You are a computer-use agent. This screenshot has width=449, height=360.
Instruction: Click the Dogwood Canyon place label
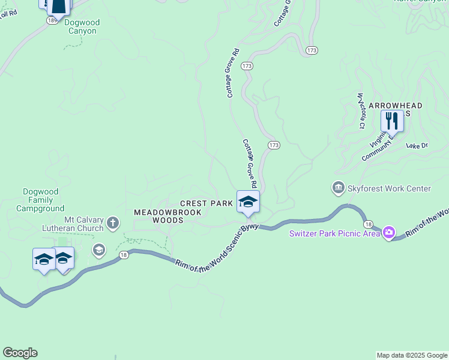tap(83, 27)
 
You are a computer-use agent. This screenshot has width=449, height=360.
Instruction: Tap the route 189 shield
tap(52, 20)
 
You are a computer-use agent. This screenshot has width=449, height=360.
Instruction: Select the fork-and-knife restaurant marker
tap(392, 121)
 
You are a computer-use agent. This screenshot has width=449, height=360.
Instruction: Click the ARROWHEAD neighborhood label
tap(395, 106)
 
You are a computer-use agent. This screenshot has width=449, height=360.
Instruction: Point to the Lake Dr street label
tap(417, 145)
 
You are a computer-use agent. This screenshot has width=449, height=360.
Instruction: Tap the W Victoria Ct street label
tap(361, 110)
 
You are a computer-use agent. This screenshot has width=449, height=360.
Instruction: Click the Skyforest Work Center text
tap(390, 189)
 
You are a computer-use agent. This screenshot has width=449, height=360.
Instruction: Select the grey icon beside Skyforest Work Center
tap(339, 189)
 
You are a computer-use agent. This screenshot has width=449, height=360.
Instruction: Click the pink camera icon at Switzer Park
tap(389, 232)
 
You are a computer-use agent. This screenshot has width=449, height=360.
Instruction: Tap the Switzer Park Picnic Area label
tap(334, 233)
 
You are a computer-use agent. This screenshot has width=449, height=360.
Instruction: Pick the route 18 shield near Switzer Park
tap(367, 223)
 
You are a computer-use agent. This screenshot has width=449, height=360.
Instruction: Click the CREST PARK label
tap(206, 204)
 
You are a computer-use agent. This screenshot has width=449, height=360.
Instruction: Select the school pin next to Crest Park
tap(248, 202)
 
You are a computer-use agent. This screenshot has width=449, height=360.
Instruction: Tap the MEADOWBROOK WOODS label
tap(158, 217)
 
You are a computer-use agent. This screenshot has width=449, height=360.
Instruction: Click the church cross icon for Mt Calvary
tap(113, 224)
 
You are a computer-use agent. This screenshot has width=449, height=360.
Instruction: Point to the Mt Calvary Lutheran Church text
tap(73, 224)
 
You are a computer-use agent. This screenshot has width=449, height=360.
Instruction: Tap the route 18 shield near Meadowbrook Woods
tap(124, 255)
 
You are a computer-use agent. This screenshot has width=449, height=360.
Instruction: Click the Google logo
tap(20, 353)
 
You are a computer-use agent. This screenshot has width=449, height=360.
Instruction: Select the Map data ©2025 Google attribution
tap(411, 355)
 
